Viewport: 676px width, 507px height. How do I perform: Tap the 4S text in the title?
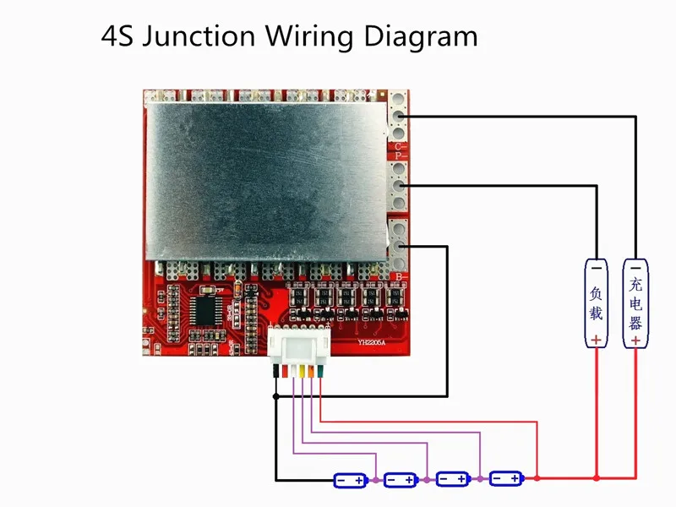coord(115,36)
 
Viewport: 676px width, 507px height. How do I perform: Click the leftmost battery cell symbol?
coord(350,480)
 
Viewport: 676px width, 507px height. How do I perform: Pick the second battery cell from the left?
coord(401,480)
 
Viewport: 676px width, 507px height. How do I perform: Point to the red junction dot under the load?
coord(597,479)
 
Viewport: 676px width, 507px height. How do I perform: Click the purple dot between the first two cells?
coord(375,480)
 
